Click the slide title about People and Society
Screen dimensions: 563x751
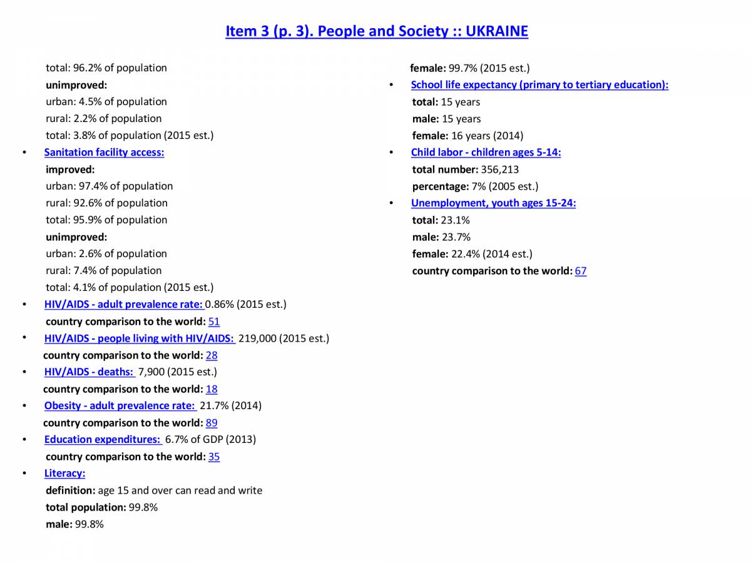pyautogui.click(x=377, y=31)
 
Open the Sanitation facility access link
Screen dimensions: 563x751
pyautogui.click(x=104, y=152)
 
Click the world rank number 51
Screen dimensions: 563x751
pyautogui.click(x=214, y=322)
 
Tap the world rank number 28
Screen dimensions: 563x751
pyautogui.click(x=212, y=355)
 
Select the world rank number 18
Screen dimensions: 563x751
pyautogui.click(x=212, y=389)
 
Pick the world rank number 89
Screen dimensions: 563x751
pyautogui.click(x=212, y=423)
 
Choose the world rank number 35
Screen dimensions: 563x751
pyautogui.click(x=214, y=457)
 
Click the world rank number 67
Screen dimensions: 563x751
pyautogui.click(x=581, y=271)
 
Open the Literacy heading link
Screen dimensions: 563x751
pyautogui.click(x=64, y=474)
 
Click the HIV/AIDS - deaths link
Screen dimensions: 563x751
pyautogui.click(x=89, y=372)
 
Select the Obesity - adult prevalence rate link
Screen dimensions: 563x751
pyautogui.click(x=119, y=406)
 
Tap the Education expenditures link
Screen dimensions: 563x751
pyautogui.click(x=102, y=440)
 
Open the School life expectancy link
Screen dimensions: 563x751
pyautogui.click(x=539, y=84)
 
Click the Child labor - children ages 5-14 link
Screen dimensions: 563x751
pyautogui.click(x=486, y=152)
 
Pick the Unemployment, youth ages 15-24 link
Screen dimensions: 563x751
pyautogui.click(x=493, y=203)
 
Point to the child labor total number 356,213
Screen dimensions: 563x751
pyautogui.click(x=499, y=170)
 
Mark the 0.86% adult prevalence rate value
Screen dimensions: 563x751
pyautogui.click(x=219, y=305)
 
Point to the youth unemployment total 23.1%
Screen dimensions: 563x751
pyautogui.click(x=455, y=220)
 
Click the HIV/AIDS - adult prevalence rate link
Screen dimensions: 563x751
pyautogui.click(x=123, y=305)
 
